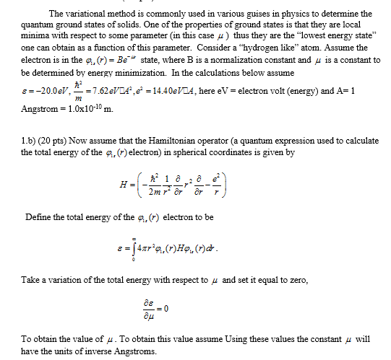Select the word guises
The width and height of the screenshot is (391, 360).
pos(244,14)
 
